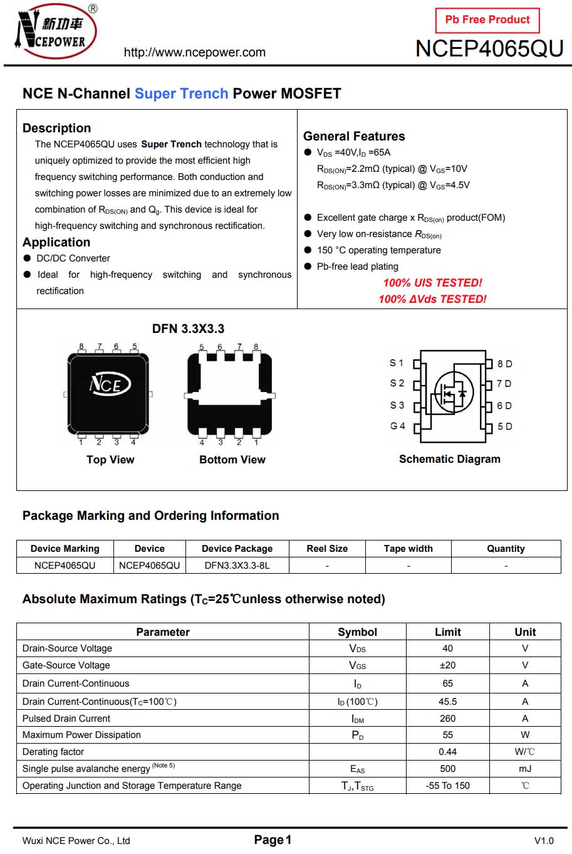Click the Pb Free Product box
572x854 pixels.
(487, 20)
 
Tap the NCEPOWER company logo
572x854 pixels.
(55, 31)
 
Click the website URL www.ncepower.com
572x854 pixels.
(194, 53)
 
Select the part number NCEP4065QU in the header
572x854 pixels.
(489, 49)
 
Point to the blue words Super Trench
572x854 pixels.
(181, 93)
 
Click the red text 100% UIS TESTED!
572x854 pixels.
(432, 283)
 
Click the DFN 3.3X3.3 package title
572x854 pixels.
(188, 329)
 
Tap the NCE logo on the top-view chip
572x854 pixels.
(109, 384)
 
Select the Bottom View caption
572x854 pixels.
(232, 460)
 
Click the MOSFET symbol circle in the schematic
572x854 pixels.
(452, 393)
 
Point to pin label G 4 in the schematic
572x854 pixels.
(397, 426)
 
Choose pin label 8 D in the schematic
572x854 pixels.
(504, 364)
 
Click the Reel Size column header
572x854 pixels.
(327, 549)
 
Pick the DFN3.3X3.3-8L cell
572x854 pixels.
(237, 565)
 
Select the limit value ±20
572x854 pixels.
(447, 665)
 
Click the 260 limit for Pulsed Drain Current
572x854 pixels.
(447, 719)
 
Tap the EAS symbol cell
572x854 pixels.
(357, 769)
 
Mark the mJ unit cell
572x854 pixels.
(524, 769)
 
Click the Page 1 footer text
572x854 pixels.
(273, 840)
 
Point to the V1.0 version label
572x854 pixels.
(543, 841)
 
